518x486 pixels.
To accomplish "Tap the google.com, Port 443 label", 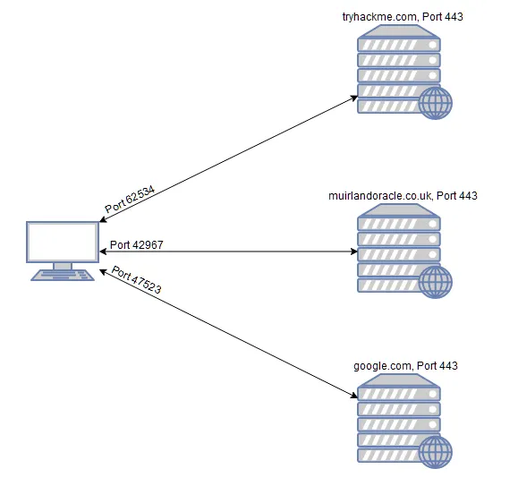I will pyautogui.click(x=405, y=366).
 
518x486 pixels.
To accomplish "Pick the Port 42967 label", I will pyautogui.click(x=136, y=244).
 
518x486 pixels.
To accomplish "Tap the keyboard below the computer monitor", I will pyautogui.click(x=63, y=275).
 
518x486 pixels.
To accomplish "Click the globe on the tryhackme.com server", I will pyautogui.click(x=436, y=103).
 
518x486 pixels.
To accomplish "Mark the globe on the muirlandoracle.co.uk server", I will pyautogui.click(x=436, y=282).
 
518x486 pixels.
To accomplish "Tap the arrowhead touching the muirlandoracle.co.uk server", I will pyautogui.click(x=353, y=252).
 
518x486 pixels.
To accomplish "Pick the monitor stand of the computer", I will pyautogui.click(x=63, y=265).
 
